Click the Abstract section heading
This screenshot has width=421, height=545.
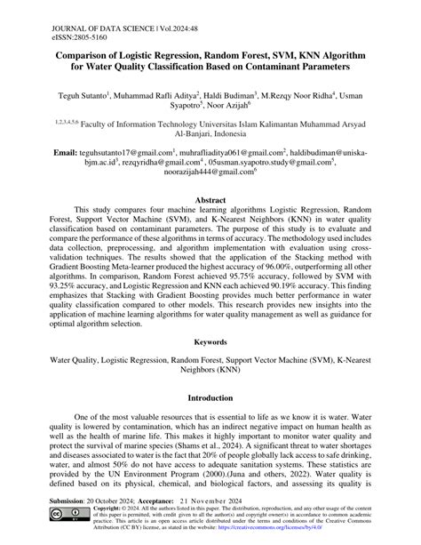point(210,201)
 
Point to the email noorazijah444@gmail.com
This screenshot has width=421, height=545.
point(210,175)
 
